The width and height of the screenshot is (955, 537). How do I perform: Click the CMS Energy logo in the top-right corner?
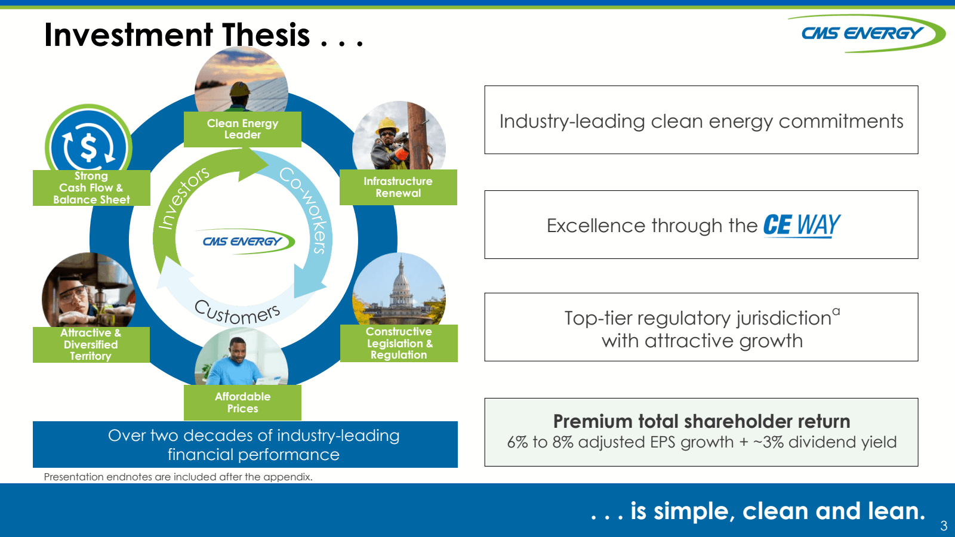pos(865,33)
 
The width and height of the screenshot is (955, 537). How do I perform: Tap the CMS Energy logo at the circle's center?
pos(245,242)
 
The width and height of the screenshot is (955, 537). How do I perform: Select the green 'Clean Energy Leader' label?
pos(242,129)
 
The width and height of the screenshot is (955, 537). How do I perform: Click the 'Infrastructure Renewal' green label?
pos(398,187)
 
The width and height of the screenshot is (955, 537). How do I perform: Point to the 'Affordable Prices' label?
pos(242,403)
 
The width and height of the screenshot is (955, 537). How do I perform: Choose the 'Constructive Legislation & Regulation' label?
pos(399,343)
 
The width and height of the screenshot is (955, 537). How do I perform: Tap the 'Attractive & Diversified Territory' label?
pos(91,344)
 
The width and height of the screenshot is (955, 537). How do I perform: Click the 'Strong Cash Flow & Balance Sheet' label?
pos(91,188)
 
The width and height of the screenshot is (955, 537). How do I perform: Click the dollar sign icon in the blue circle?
pos(88,147)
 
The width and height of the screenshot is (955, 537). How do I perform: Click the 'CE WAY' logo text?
pos(802,225)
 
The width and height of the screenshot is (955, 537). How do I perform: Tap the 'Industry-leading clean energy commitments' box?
pos(701,121)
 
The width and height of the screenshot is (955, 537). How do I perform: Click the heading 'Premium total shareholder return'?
pos(701,421)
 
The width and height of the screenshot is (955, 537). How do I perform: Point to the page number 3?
pos(944,526)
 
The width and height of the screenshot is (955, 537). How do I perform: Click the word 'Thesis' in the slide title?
pos(266,35)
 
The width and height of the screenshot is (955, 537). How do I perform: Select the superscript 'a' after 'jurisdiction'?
pos(836,311)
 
